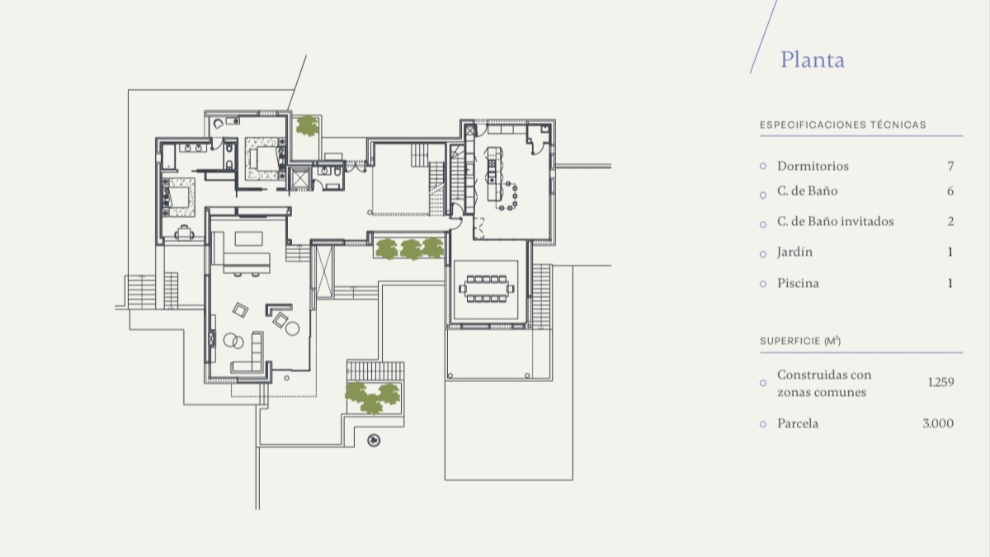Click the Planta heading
coord(813,59)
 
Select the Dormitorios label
coord(813,166)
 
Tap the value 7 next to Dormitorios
coord(950,166)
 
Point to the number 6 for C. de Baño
coord(950,191)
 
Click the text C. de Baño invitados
coord(835,221)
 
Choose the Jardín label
coord(794,253)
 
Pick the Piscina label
coord(799,283)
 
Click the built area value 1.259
coord(941,382)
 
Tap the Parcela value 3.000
coord(938,423)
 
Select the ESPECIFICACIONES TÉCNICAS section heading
coord(843,125)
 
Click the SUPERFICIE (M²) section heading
coord(800,341)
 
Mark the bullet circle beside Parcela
coord(763,424)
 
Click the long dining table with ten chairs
coord(486,289)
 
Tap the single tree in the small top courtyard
coord(307,125)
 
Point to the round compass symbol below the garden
coord(374,441)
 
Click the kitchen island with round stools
coord(499,179)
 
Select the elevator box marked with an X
coord(300,178)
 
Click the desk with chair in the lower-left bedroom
coord(184,233)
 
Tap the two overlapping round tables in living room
coord(233,341)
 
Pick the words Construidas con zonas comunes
coord(824,383)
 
